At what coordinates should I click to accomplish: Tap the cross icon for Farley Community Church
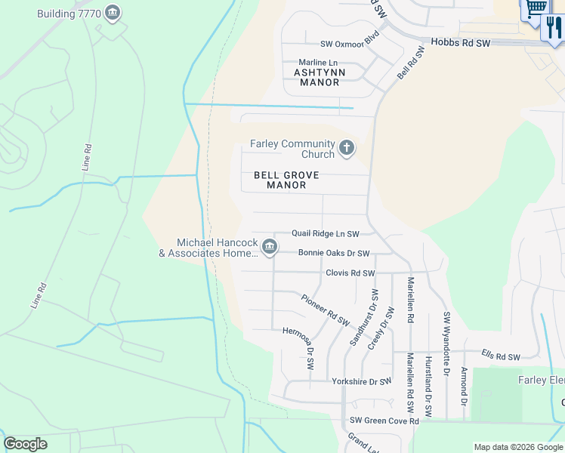pos(347,149)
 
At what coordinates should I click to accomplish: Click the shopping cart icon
pos(536,8)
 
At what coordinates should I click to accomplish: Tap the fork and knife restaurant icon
pos(554,27)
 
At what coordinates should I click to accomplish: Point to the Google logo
pos(25,444)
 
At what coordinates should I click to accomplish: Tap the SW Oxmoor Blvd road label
pos(349,45)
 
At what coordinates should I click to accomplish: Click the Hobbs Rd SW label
pos(461,43)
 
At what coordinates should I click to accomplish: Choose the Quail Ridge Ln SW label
pos(326,235)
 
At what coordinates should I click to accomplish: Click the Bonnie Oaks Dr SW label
pos(334,254)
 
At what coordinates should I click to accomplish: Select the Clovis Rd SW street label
pos(350,273)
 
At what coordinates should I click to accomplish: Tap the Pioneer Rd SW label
pos(326,310)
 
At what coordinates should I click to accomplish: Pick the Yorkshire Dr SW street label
pos(361,382)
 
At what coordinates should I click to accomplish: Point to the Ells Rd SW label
pos(501,356)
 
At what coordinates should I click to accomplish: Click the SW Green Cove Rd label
pos(384,421)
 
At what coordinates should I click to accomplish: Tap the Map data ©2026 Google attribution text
pos(517,447)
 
